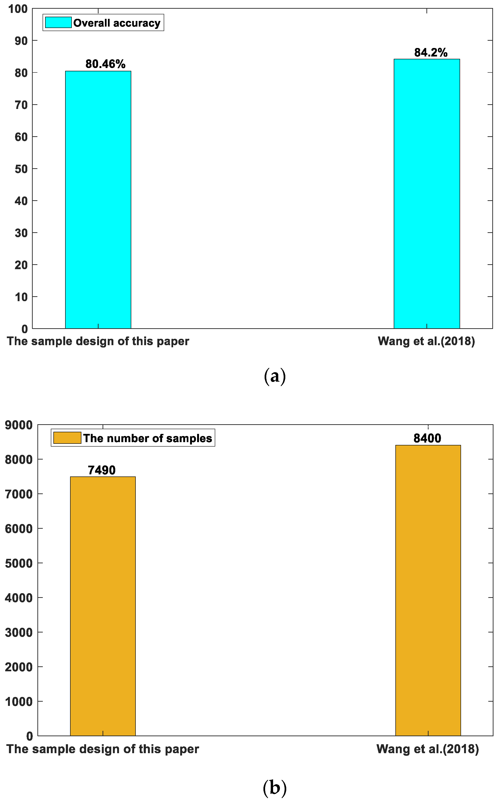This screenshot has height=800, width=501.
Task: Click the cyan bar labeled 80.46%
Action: (98, 200)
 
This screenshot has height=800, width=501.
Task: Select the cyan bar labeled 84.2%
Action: (426, 194)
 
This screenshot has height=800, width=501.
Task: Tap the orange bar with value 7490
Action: (103, 606)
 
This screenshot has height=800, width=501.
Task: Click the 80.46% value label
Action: (105, 64)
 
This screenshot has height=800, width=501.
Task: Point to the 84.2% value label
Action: (431, 52)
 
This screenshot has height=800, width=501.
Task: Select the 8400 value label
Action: (427, 438)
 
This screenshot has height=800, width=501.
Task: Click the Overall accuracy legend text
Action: (117, 23)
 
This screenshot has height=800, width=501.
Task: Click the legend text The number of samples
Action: (147, 438)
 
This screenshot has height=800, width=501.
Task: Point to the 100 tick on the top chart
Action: (18, 9)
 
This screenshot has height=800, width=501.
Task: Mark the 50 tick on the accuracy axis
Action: (21, 169)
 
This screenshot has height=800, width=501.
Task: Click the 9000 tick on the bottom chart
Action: (19, 425)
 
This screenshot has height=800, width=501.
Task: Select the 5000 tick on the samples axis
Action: (19, 563)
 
